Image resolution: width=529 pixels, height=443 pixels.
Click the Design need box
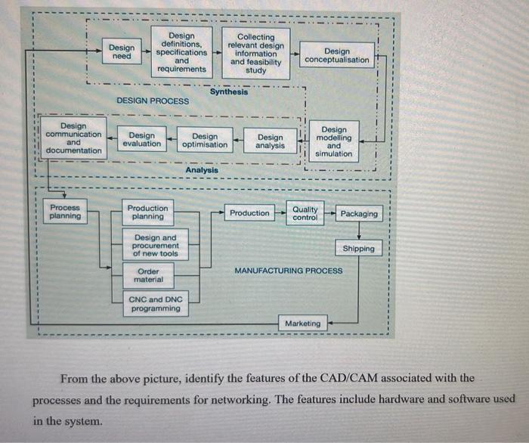point(121,52)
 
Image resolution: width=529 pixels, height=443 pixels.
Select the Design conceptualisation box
point(337,55)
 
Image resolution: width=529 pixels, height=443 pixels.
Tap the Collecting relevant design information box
point(256,53)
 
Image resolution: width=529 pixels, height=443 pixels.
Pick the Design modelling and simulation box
point(334,141)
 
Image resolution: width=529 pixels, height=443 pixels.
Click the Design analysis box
point(271,141)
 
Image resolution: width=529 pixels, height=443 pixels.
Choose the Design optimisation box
point(205,141)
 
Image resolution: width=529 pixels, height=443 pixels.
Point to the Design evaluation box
point(142,141)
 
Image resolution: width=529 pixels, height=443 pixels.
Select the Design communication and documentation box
point(73,138)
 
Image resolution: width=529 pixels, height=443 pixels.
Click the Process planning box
point(65,212)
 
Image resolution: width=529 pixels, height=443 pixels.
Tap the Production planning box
point(148,212)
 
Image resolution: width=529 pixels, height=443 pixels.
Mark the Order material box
point(148,275)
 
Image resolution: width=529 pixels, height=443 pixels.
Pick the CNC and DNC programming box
point(155,304)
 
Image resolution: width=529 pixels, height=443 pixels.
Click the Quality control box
point(305,212)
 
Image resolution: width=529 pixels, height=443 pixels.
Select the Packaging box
point(359,213)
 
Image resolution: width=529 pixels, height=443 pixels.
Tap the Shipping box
point(358,249)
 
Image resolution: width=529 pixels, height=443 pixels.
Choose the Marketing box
point(302,324)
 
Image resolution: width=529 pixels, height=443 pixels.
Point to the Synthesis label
point(229,92)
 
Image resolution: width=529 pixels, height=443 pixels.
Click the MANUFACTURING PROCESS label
point(288,270)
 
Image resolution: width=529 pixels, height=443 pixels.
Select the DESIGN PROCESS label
point(153,101)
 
